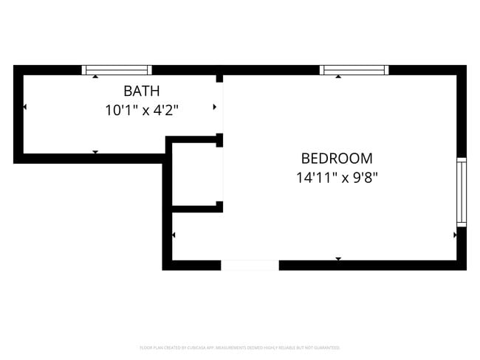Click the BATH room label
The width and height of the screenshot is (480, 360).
142,91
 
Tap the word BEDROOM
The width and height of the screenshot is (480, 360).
337,158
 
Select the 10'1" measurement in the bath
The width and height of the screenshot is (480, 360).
121,111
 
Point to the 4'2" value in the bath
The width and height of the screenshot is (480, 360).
165,111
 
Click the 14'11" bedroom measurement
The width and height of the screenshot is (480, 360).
314,177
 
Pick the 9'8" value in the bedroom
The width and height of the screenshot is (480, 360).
366,177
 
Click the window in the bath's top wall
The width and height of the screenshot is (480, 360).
117,70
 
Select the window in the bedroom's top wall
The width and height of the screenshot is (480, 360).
354,70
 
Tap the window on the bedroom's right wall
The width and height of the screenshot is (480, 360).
462,192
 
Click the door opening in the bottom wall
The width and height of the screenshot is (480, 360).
250,266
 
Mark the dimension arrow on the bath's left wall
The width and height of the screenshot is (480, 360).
25,108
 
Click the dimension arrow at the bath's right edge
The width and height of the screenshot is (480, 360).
215,108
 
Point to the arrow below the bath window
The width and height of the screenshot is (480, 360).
95,77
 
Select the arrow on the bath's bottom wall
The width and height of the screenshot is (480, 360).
95,152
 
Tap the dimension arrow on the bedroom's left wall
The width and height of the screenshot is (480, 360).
174,235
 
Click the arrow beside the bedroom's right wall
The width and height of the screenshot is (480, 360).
455,235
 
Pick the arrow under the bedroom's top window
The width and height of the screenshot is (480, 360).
338,77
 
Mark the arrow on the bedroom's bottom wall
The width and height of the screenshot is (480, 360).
338,259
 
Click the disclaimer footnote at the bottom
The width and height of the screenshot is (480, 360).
239,347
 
